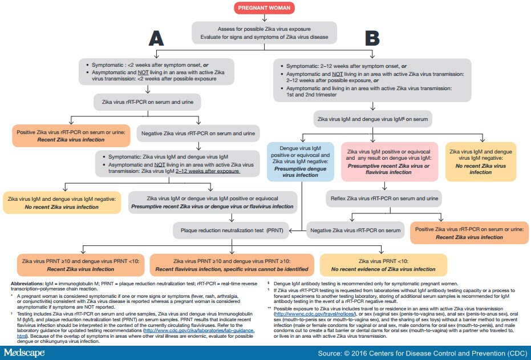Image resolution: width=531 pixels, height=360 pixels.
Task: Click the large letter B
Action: click(x=372, y=38)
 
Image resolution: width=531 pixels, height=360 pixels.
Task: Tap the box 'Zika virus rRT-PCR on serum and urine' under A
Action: click(x=148, y=103)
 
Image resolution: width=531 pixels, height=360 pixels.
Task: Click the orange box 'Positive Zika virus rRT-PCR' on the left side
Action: click(x=70, y=135)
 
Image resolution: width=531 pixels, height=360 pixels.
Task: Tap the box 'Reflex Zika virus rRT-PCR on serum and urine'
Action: click(x=384, y=199)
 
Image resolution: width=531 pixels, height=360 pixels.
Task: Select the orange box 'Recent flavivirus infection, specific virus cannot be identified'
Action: click(x=232, y=264)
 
